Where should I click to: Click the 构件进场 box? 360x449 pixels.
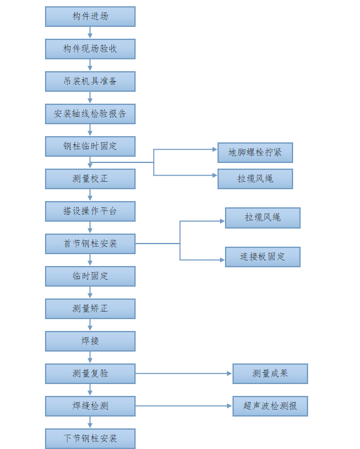click(90, 16)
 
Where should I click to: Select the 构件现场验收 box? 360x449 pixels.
click(90, 49)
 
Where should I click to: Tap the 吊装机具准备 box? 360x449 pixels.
click(90, 81)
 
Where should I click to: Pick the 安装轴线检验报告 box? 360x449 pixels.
click(90, 114)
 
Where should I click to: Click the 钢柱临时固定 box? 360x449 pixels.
click(90, 146)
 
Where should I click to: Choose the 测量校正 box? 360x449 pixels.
click(90, 179)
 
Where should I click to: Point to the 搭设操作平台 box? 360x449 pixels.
click(90, 211)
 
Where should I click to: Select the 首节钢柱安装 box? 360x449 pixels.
click(90, 244)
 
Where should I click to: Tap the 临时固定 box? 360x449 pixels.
click(90, 276)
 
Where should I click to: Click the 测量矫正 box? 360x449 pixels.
click(90, 308)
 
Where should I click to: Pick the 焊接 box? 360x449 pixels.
click(90, 341)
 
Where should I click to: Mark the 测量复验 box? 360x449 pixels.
click(90, 373)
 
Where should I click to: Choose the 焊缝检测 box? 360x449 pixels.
click(90, 406)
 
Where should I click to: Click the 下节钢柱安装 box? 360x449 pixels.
click(90, 438)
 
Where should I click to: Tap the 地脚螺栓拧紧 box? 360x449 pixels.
click(255, 152)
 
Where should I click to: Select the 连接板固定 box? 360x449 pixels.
click(262, 257)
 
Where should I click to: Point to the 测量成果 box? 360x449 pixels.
click(270, 373)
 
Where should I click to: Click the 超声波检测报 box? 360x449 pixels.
click(270, 406)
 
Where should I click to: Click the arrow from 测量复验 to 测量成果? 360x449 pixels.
click(184, 373)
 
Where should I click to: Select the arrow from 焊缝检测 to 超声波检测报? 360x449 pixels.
click(184, 406)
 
